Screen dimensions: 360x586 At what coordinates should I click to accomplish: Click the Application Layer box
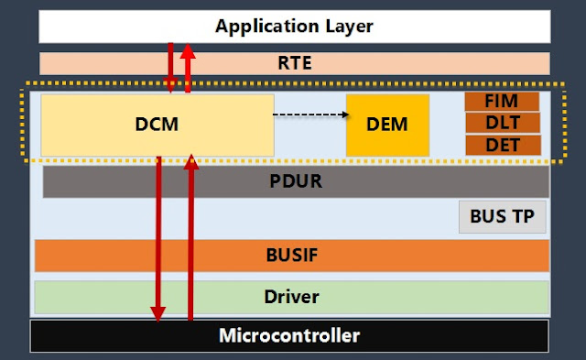click(x=293, y=26)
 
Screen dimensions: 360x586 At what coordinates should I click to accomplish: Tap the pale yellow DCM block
click(x=101, y=124)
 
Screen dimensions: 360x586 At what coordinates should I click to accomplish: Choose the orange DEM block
click(x=387, y=125)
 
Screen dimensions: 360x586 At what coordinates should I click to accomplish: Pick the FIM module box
click(x=503, y=101)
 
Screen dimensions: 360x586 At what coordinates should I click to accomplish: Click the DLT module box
click(x=503, y=123)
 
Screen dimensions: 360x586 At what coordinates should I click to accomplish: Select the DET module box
click(x=503, y=145)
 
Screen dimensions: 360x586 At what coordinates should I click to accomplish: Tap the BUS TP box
click(x=503, y=217)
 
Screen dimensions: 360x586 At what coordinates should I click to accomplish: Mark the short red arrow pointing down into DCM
click(x=170, y=69)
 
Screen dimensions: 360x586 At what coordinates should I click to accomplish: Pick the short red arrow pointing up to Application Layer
click(x=188, y=69)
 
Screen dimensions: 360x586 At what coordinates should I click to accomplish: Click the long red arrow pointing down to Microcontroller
click(x=159, y=238)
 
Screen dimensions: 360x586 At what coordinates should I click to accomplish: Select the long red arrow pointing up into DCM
click(x=191, y=238)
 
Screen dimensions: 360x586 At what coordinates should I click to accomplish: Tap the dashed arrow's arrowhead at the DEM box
click(x=345, y=115)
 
